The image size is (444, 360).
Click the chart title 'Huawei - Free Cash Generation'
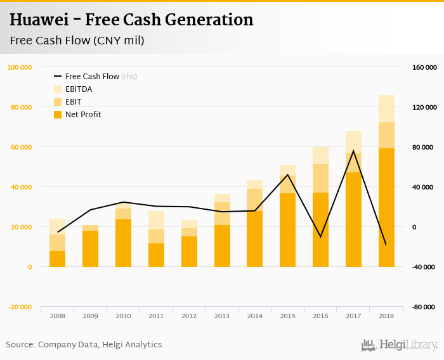point(131,20)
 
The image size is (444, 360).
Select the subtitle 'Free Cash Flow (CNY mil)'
point(77,41)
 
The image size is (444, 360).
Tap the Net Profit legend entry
point(82,115)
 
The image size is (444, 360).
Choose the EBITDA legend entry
point(78,89)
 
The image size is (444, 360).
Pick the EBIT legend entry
point(73,101)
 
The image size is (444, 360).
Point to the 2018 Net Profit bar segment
point(386,207)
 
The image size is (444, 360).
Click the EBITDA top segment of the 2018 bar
point(386,108)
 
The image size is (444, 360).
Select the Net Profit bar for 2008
point(58,259)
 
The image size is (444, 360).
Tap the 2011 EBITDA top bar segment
point(156,220)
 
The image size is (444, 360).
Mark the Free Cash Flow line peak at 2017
point(353,151)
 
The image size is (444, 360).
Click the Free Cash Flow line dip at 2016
point(320,236)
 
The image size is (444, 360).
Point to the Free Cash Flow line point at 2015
point(287,175)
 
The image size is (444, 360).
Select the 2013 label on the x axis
point(222,316)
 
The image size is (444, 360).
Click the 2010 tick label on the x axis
point(123,316)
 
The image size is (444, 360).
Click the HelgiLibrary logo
point(400,345)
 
